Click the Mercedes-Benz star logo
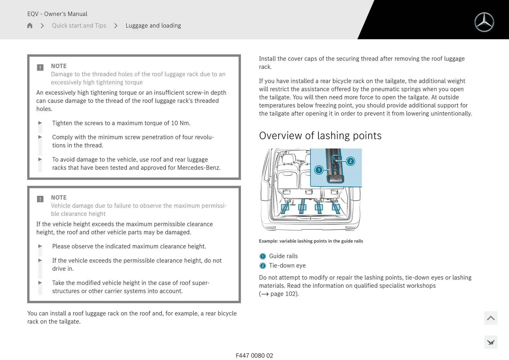click(x=484, y=22)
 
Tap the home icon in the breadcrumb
click(x=30, y=26)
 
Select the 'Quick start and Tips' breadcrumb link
click(x=79, y=26)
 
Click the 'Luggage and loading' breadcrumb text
click(x=153, y=26)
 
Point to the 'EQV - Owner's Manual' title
click(x=57, y=14)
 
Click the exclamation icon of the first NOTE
click(x=40, y=68)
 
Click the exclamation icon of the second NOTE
click(x=40, y=199)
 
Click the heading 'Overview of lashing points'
click(x=320, y=136)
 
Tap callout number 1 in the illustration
click(x=319, y=170)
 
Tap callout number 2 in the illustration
click(x=350, y=161)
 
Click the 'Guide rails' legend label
click(x=283, y=256)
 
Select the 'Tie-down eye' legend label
click(x=287, y=266)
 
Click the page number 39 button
click(x=491, y=343)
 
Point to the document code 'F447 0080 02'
click(x=254, y=355)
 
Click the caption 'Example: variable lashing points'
click(x=311, y=241)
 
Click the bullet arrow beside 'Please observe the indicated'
click(x=40, y=246)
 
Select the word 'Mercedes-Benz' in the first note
click(x=198, y=168)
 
